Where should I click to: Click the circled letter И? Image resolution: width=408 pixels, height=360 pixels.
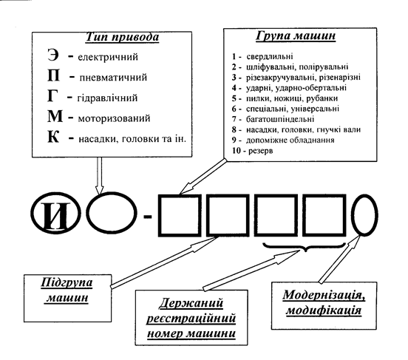point(55,215)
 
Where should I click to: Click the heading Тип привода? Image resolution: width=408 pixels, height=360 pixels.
point(122,37)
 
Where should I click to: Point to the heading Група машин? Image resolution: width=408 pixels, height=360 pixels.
point(296,35)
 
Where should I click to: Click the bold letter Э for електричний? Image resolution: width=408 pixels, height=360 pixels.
point(53,55)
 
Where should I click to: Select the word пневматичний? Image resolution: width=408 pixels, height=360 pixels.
point(113,78)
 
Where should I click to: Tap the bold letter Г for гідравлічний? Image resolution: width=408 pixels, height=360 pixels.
point(52,96)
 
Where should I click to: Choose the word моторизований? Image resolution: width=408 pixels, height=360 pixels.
point(115,118)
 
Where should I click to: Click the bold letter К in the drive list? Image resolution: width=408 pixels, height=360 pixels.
point(53,137)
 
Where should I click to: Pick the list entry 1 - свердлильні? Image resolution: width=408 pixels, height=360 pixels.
point(262,56)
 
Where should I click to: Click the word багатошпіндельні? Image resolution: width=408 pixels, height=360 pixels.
point(280,119)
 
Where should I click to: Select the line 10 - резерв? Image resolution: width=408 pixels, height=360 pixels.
point(252,151)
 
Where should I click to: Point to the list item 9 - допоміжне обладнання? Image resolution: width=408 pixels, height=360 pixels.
point(283,140)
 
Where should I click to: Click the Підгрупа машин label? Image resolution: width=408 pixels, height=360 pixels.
point(67,290)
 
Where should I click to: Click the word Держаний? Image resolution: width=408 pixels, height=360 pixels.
point(191,303)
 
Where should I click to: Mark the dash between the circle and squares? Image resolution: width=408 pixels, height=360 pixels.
point(148,217)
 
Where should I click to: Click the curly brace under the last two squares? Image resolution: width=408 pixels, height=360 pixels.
point(304,246)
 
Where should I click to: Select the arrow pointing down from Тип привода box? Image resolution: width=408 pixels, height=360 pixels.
point(99,175)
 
